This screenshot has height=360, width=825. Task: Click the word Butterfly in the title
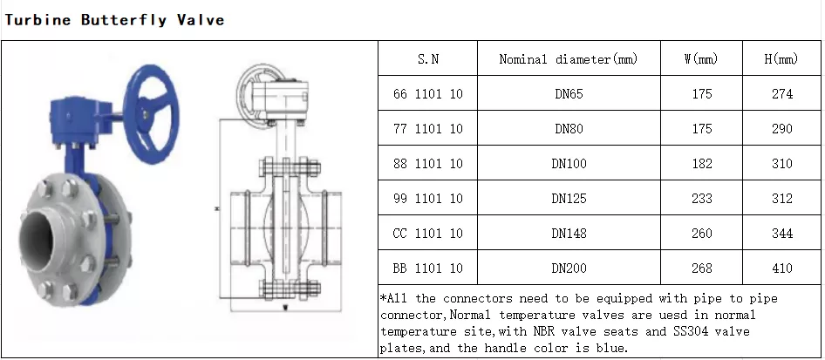coord(124,21)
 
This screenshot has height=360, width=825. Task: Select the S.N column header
coord(427,59)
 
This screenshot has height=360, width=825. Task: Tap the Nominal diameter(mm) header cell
coord(569,59)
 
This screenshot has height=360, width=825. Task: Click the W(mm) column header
coord(701,59)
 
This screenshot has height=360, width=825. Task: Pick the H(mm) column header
coord(781,59)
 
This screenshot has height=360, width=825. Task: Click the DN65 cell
coord(569,93)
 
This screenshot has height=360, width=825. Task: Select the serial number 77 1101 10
coord(427,129)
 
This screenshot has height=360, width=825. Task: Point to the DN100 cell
coord(569,164)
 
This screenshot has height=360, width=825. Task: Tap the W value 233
coord(702,198)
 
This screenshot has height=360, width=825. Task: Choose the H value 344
coord(782,233)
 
